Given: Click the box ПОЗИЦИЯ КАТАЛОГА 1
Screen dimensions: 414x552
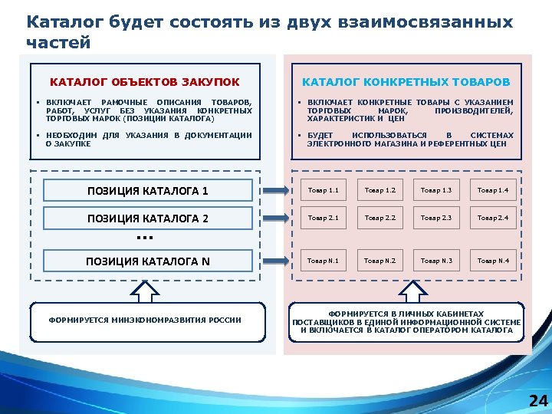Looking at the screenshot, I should (x=147, y=190).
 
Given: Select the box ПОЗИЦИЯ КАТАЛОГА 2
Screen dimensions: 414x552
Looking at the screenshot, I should (x=147, y=219).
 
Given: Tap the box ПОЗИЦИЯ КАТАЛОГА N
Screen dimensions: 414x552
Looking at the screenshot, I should (x=147, y=261).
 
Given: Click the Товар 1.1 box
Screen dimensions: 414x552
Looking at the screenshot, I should (x=323, y=190).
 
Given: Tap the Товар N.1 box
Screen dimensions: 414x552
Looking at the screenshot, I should (x=323, y=261).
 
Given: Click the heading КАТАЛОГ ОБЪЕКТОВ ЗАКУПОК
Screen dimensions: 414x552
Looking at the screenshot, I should (x=145, y=82).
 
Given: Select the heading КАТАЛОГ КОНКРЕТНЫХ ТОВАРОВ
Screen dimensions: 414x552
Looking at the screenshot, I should (x=406, y=82).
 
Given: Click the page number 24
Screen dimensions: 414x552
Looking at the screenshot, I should (x=538, y=400).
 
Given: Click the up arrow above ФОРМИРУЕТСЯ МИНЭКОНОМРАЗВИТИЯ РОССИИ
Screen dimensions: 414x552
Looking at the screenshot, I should (x=145, y=291).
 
